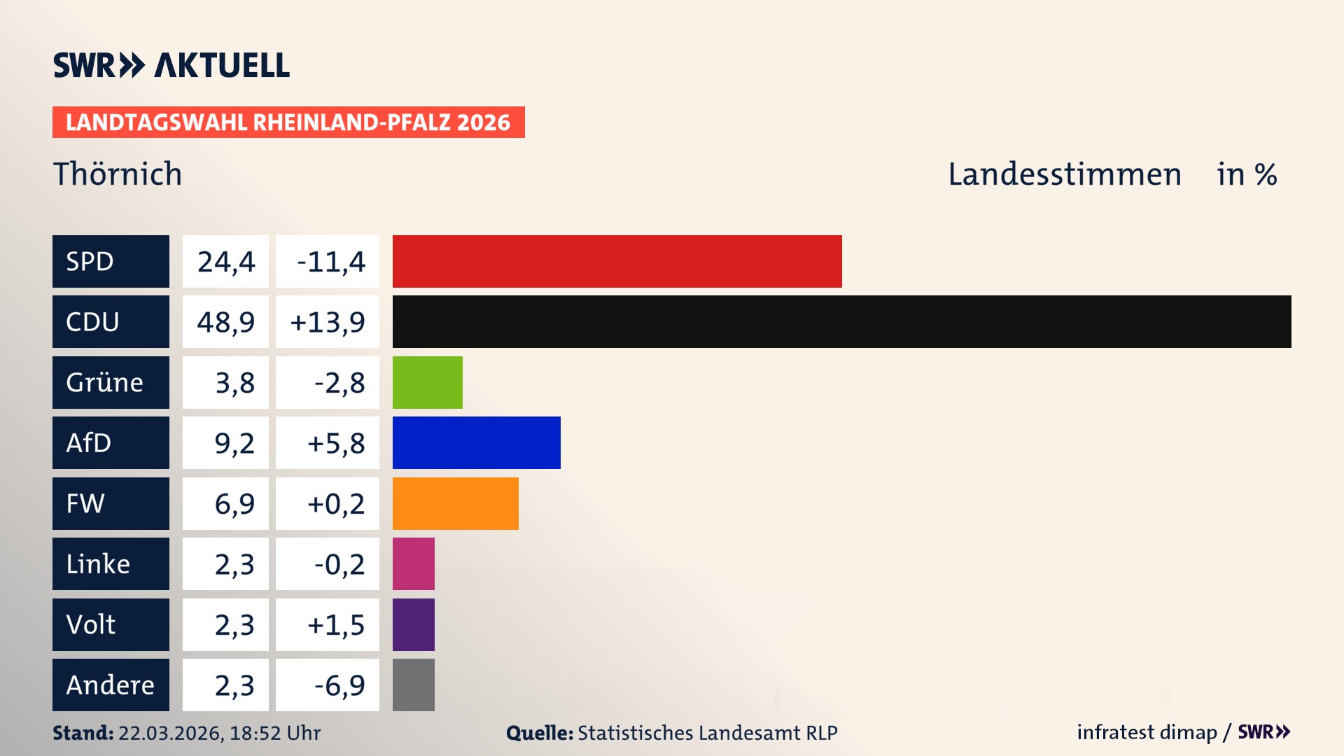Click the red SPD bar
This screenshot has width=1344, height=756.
[x=617, y=261]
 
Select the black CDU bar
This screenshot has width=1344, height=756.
[x=841, y=321]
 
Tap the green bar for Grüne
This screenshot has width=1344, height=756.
[x=427, y=382]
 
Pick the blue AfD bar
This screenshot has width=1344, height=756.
[x=476, y=442]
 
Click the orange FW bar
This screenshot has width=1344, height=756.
[x=455, y=503]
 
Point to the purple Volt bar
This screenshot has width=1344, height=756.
[x=413, y=624]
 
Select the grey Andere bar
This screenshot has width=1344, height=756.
[x=413, y=685]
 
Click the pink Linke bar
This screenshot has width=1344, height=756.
[x=413, y=563]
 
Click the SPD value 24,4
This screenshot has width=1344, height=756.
[x=225, y=261]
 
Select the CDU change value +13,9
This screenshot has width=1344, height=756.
[x=327, y=321]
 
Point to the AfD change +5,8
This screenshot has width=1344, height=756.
[x=335, y=442]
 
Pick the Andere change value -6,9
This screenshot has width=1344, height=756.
[x=339, y=685]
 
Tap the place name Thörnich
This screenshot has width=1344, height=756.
[x=118, y=174]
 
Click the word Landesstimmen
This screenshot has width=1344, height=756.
[x=1064, y=174]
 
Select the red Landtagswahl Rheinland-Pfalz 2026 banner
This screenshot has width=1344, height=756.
[x=288, y=122]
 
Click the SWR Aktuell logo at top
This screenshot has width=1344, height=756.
[x=171, y=65]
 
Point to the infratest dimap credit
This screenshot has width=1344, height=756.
[x=1146, y=732]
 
